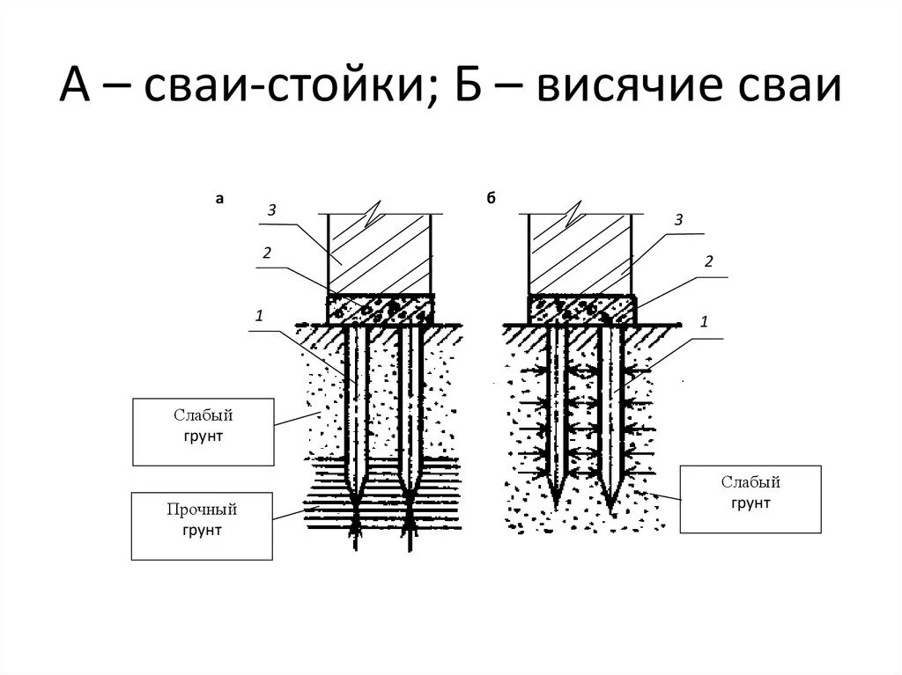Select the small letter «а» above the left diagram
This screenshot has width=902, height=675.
click(220, 200)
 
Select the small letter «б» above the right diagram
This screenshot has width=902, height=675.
click(492, 200)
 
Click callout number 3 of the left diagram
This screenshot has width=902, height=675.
click(273, 209)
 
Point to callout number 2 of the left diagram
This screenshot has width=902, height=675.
click(265, 253)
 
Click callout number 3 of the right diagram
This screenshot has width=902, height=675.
click(678, 220)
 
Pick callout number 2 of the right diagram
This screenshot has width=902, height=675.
click(707, 261)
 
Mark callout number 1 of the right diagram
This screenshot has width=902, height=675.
click(704, 322)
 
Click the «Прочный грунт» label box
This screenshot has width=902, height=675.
click(202, 525)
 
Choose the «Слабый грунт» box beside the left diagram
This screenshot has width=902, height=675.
click(202, 431)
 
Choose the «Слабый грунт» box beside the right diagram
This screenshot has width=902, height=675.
click(750, 499)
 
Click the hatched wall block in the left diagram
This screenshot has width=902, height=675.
click(380, 255)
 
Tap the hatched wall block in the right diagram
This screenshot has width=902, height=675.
click(580, 255)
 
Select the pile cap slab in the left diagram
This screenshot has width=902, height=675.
click(380, 308)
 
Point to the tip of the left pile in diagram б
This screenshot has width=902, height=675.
click(557, 504)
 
